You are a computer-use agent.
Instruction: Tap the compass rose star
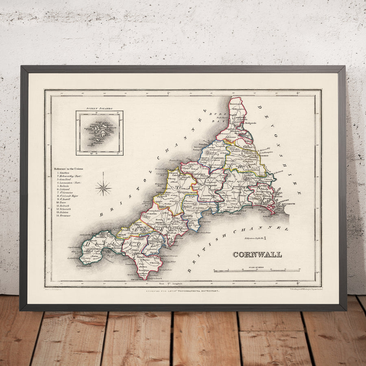103,188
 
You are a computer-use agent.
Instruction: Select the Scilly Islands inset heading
99,109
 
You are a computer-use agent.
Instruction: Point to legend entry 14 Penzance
65,216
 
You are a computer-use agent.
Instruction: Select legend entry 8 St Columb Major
68,196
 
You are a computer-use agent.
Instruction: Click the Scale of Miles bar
257,270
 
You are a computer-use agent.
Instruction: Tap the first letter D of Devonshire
260,107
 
